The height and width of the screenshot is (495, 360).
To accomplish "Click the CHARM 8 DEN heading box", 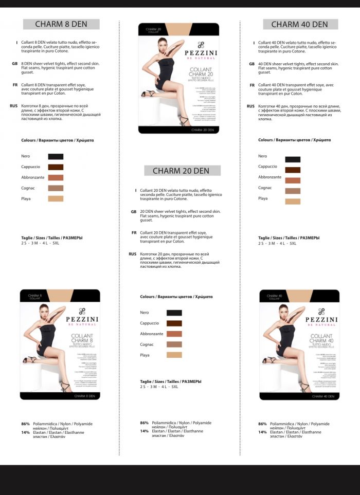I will [x=61, y=24].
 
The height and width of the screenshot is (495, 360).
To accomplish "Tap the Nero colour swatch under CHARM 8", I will [x=56, y=156].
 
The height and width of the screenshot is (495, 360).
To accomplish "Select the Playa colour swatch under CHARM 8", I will [x=56, y=198].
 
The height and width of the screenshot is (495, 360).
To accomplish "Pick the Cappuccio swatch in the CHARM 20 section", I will [x=174, y=323].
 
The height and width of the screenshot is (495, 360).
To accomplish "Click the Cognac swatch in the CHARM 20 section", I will [x=174, y=344].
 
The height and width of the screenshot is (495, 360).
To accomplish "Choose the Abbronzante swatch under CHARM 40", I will [x=293, y=180].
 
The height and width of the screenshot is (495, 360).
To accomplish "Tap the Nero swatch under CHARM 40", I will [x=293, y=159].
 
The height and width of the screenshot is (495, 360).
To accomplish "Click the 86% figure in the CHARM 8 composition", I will [x=25, y=424].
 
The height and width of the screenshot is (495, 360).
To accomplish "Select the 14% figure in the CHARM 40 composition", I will [x=262, y=432].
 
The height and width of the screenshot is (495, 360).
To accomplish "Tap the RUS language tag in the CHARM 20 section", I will [x=132, y=254].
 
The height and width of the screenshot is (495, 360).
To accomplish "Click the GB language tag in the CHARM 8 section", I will [x=14, y=64].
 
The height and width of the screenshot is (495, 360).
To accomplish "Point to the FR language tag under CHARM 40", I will [x=252, y=85].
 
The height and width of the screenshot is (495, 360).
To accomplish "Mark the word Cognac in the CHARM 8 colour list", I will [x=28, y=188].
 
